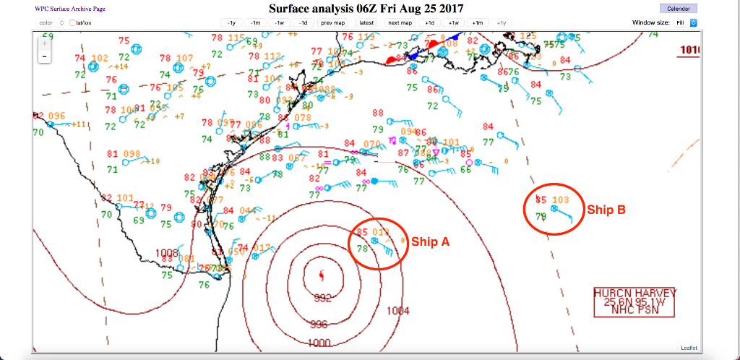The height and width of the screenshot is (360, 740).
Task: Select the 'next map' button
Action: point(400,23)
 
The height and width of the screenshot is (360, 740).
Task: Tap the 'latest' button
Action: point(366,23)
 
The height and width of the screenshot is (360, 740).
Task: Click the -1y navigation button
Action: point(231,23)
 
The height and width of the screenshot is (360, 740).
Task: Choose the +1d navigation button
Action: point(430,23)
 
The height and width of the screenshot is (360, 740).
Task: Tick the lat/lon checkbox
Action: point(73,23)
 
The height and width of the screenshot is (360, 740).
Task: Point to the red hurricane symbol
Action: point(322,275)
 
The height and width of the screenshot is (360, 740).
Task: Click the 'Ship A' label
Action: point(431,242)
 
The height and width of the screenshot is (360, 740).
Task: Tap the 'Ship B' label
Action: point(606,210)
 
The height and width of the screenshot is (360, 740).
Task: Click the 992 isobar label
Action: point(323,297)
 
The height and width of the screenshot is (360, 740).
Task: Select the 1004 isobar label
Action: point(398,311)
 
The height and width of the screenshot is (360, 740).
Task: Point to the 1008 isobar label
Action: point(166,252)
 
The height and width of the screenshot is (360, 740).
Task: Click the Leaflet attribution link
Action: point(689,348)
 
